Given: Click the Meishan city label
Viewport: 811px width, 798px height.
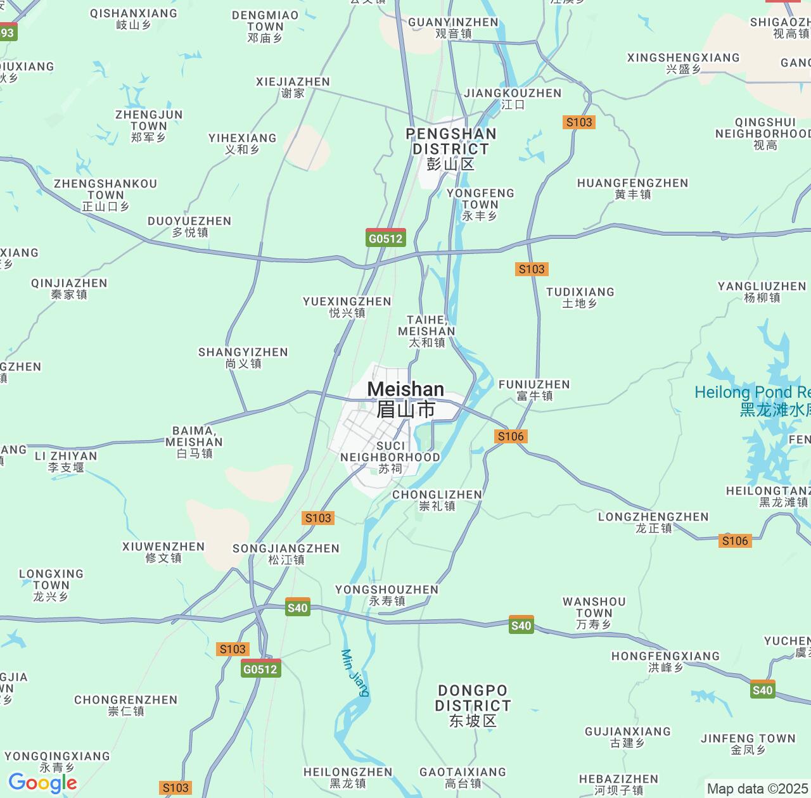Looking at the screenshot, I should click(405, 399).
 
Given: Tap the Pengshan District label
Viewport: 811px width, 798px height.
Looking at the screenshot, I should click(450, 148).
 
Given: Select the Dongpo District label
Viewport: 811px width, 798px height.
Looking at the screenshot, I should click(473, 705).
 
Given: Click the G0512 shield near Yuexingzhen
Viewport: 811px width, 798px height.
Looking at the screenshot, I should click(386, 238).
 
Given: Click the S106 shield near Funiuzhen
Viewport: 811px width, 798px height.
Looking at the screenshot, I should click(511, 436).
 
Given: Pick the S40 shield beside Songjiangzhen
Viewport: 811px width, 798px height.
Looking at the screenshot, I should click(297, 607).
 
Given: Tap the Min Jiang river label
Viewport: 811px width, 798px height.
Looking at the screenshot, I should click(355, 673).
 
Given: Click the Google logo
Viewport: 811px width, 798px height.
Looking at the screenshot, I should click(42, 783).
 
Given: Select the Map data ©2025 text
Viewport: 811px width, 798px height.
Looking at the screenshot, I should click(757, 788).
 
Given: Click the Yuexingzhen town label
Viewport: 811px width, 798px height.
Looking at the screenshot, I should click(347, 307).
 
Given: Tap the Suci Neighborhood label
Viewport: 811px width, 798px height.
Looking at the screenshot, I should click(390, 457).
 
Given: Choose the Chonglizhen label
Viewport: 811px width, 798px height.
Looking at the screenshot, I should click(437, 500).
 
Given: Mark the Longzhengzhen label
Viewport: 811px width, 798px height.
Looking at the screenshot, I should click(653, 522).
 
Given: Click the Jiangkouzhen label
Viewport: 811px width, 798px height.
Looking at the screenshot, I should click(513, 98).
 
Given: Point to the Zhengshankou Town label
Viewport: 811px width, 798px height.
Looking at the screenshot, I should click(105, 194).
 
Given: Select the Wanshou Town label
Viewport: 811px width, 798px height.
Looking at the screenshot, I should click(594, 612).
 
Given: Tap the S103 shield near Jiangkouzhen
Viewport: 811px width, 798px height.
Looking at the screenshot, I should click(579, 122).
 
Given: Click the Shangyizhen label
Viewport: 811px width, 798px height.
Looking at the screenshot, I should click(243, 357).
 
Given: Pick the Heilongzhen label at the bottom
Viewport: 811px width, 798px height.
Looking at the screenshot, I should click(348, 777).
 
